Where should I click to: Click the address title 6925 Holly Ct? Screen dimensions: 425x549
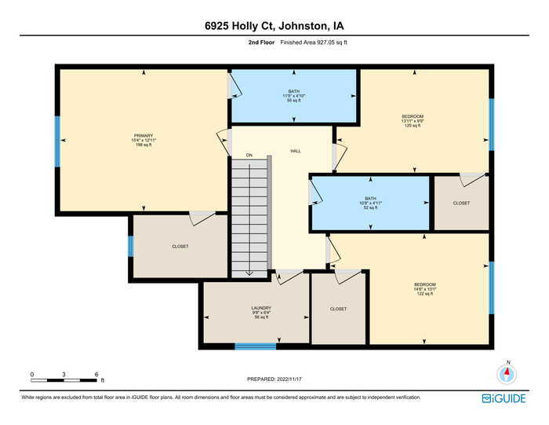pos(274,26)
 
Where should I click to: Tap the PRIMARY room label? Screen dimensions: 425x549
pos(143,140)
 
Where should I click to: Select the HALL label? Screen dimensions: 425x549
pos(296,151)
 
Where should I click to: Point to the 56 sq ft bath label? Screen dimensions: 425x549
pos(293,96)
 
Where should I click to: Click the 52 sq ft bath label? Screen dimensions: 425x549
pos(371,203)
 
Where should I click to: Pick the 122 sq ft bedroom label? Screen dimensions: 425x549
pos(425,288)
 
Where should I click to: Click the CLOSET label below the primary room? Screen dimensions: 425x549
pos(180,247)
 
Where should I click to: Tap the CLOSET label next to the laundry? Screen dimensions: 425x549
pos(338,309)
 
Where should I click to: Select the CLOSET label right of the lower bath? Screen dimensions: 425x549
pos(461,202)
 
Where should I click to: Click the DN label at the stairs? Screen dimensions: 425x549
pos(249,156)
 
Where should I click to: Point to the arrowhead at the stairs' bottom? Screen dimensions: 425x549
pos(249,273)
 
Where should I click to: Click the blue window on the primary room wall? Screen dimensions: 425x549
pos(57,141)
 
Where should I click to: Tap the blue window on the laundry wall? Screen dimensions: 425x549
pos(256,346)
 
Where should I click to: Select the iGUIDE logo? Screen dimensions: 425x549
pos(504,398)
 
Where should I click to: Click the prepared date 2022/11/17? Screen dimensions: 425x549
pos(274,379)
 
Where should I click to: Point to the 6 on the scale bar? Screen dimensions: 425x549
pos(96,374)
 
